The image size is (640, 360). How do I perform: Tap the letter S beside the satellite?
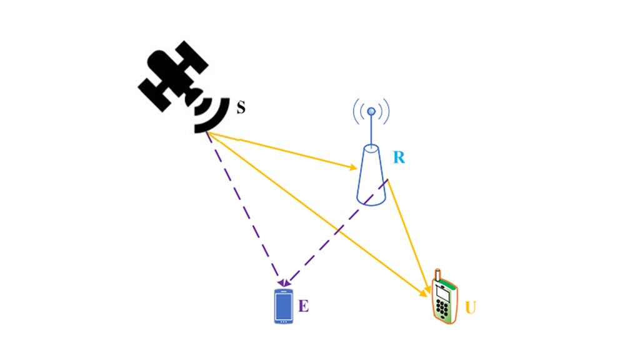[x=241, y=107]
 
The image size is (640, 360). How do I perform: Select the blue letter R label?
[x=399, y=157]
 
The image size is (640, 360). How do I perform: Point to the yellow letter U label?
[x=472, y=308]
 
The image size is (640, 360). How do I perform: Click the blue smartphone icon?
[x=284, y=306]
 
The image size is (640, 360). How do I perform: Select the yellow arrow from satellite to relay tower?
[x=287, y=152]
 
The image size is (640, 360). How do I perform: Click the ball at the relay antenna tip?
[x=371, y=112]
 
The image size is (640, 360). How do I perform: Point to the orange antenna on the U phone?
[x=438, y=276]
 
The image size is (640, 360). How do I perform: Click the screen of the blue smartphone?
[x=284, y=306]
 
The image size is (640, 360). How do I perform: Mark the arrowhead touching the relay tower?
[x=354, y=167]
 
